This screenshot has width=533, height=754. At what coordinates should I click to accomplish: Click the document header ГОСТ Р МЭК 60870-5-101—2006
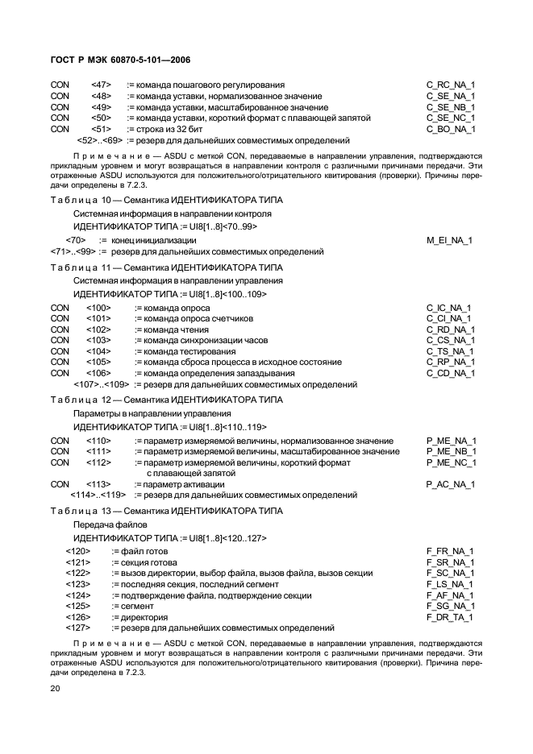pos(119,61)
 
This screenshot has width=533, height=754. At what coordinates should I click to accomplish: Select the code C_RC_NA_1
pos(451,85)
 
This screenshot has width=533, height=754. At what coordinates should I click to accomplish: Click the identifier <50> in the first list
pos(101,118)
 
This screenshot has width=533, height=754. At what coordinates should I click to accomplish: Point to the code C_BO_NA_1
pos(451,129)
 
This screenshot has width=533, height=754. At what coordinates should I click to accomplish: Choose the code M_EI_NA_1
pos(449,240)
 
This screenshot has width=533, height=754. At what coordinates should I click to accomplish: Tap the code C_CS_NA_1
pos(450,341)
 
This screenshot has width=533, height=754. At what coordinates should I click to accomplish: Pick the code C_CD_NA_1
pos(450,374)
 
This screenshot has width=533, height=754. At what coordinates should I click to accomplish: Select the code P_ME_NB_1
pos(451,451)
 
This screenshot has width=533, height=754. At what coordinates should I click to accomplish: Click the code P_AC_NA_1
pos(450,484)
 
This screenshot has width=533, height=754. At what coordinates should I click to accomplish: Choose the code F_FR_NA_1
pos(450,551)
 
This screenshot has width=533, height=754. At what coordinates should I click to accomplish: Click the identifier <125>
pos(77,606)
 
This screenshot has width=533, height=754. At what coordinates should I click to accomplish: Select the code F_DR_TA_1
pos(450,617)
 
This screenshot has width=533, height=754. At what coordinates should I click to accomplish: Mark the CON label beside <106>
pos(60,374)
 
